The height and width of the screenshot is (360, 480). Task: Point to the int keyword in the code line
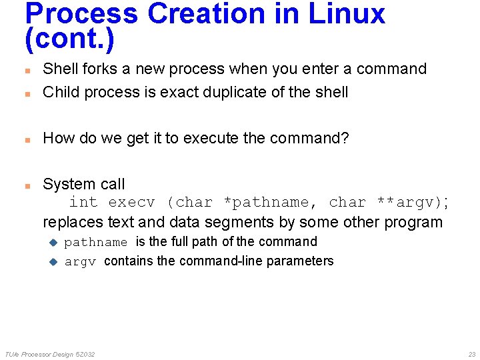coord(83,202)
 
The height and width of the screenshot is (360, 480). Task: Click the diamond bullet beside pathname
coord(55,242)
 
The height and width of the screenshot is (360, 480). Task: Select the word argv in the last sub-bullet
coord(81,261)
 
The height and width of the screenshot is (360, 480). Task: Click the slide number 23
coord(471,354)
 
